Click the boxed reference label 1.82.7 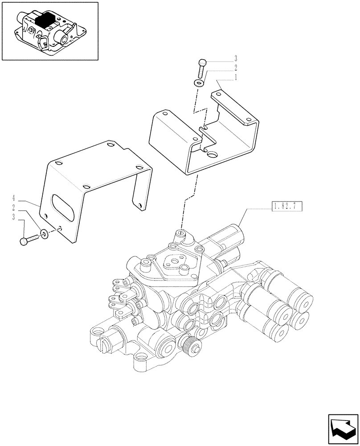(286, 206)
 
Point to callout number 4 (14, 198)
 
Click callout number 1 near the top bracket (236, 77)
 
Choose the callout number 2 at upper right (236, 68)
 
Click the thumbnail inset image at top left (49, 31)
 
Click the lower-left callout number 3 (14, 217)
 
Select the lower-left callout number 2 (14, 207)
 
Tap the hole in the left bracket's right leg (140, 206)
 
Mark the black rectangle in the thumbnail (45, 20)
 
